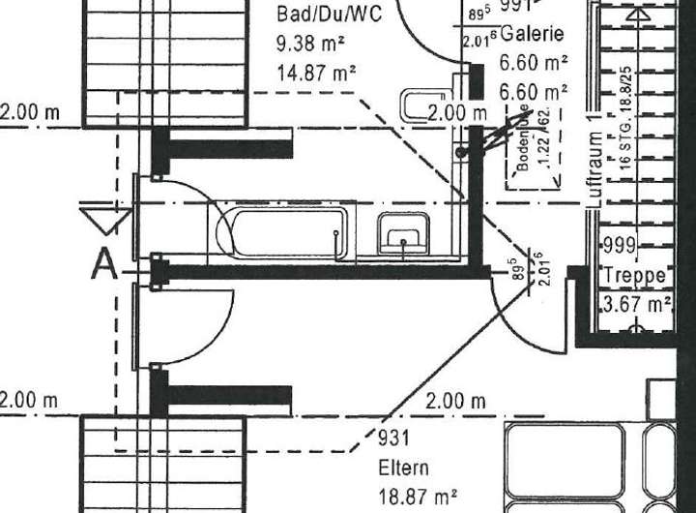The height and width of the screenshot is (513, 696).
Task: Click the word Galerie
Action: tap(532, 34)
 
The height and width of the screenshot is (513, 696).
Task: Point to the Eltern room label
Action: tap(405, 469)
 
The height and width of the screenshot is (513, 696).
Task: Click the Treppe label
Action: tap(634, 276)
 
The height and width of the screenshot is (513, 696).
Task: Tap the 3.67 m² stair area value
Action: tap(637, 305)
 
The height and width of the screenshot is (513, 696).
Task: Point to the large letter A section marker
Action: tap(103, 263)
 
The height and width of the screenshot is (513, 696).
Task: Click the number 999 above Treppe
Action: tap(620, 245)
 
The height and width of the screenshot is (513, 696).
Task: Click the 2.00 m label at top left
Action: tap(30, 112)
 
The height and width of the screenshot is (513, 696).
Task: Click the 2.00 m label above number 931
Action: tap(455, 400)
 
